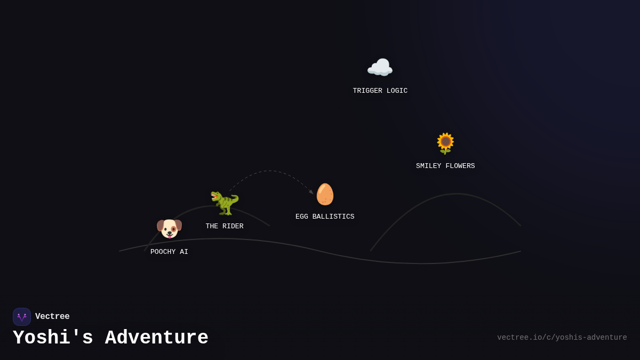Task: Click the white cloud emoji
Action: point(380,67)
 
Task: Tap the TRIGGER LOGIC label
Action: point(380,91)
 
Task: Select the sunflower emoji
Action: point(445,143)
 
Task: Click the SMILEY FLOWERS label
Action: point(445,166)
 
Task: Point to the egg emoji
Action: point(325,194)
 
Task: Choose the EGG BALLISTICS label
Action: point(325,217)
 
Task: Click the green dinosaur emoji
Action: point(225,203)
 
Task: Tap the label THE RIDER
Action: point(225,226)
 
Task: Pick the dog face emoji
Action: point(169,229)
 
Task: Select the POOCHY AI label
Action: point(169,252)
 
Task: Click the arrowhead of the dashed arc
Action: point(311,193)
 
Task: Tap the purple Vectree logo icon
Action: point(22,317)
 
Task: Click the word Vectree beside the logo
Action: point(52,316)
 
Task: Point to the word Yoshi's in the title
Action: point(53,338)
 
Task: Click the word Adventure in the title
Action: point(157,338)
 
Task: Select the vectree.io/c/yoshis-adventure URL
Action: point(562,338)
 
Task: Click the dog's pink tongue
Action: point(170,236)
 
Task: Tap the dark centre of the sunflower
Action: point(445,141)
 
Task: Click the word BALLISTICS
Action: point(333,217)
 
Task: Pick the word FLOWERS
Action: point(460,166)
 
